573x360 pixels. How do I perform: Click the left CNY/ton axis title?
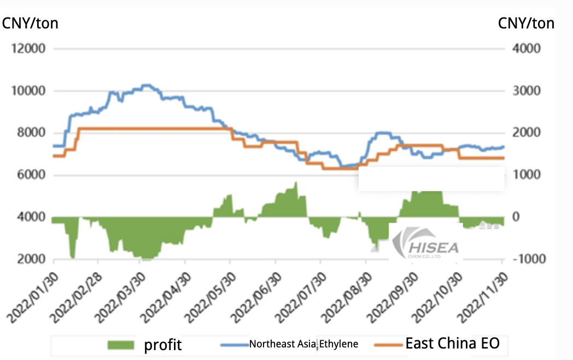[31, 23]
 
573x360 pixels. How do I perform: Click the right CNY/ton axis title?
[526, 23]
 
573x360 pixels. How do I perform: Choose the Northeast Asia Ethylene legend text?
[304, 344]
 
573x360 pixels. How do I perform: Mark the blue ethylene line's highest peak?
[146, 85]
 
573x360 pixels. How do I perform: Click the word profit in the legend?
[163, 345]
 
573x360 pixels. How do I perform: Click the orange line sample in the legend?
[388, 345]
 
